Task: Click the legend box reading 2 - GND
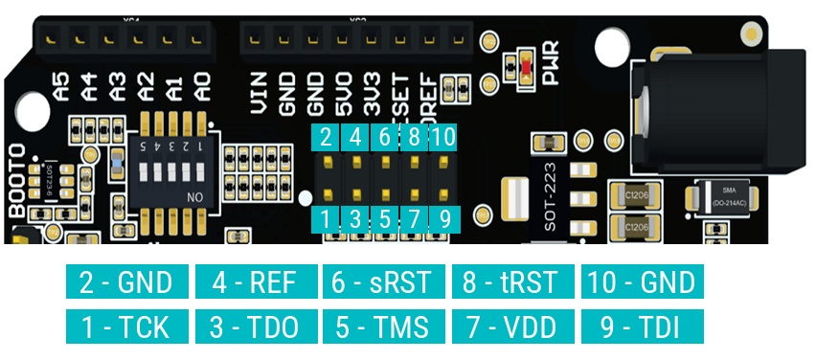(x=126, y=282)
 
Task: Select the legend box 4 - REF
(x=255, y=282)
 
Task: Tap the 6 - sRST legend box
(x=384, y=282)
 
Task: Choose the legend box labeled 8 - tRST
(x=512, y=282)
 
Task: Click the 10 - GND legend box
(x=642, y=282)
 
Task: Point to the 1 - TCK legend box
(x=126, y=326)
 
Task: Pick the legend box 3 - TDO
(x=255, y=326)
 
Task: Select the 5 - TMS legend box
(x=384, y=326)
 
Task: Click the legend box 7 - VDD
(x=512, y=326)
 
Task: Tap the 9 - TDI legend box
(x=642, y=326)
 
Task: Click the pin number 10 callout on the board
(x=442, y=136)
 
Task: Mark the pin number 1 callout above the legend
(x=327, y=219)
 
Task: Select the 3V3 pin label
(x=371, y=94)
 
